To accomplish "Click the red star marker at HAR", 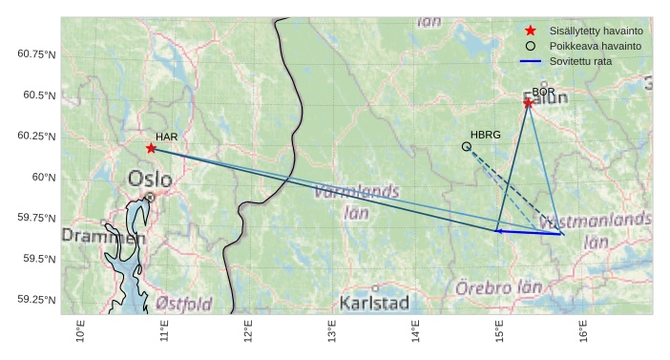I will [151, 148].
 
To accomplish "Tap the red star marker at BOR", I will [528, 102].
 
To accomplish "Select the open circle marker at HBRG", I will [467, 146].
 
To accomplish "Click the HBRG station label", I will [486, 136].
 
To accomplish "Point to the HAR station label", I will [167, 138].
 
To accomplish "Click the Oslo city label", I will [150, 179].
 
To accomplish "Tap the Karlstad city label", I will [374, 304].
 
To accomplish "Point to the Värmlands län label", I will [356, 201].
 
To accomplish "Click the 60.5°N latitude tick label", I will [38, 95].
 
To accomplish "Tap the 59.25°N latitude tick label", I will [38, 300].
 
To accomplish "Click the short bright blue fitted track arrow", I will [530, 232].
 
